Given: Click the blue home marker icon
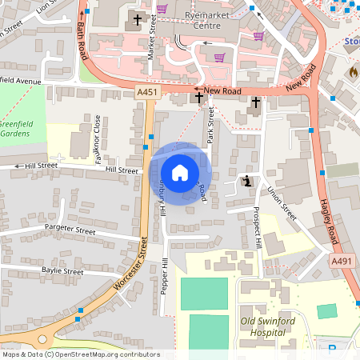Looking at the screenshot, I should (180, 173).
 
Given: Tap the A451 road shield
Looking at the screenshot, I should (147, 94).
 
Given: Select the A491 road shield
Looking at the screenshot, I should (342, 261).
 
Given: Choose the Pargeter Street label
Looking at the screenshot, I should (70, 232).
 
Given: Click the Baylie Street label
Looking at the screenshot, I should (62, 272).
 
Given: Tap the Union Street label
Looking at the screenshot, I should (282, 204).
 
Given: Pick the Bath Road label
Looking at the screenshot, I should (82, 41).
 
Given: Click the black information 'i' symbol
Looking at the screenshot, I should (248, 182).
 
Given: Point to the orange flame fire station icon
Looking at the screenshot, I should (353, 72).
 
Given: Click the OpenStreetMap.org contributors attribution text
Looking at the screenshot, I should (108, 354).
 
